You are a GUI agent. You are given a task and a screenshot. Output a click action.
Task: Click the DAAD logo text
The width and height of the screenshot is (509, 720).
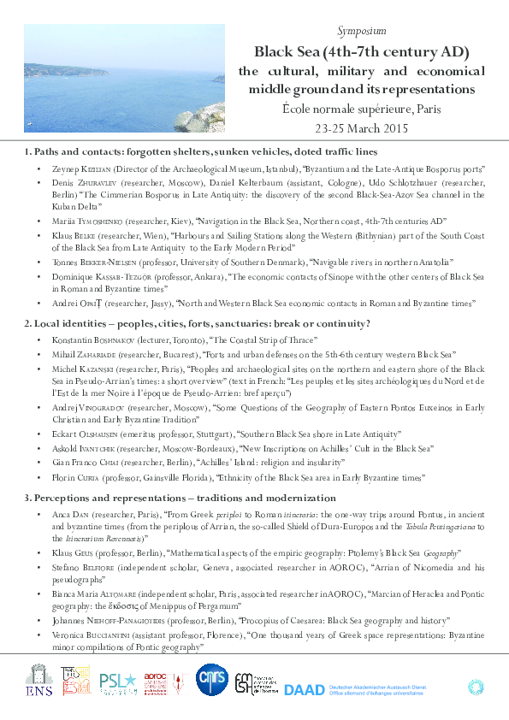tap(303, 689)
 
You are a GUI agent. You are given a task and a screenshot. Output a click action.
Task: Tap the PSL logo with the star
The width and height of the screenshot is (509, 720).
tap(118, 682)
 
